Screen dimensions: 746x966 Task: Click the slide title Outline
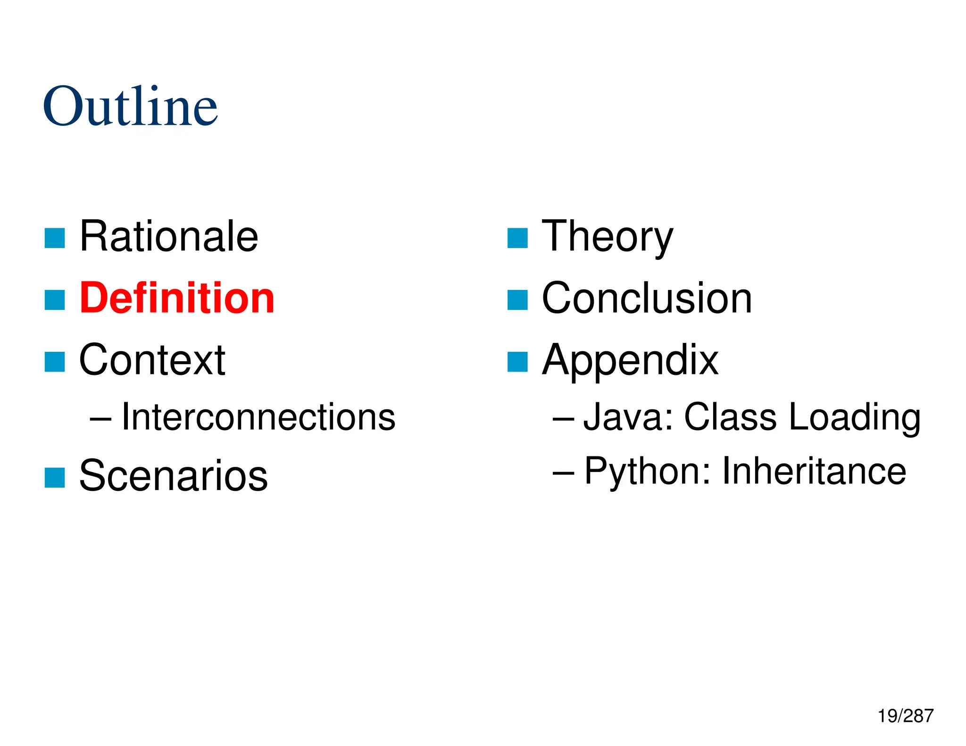(130, 107)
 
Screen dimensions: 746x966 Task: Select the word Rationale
(169, 236)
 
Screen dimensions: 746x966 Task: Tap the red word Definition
(177, 298)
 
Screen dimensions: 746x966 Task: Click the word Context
(152, 360)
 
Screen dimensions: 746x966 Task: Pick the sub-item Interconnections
(258, 417)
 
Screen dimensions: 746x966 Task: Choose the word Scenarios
(173, 476)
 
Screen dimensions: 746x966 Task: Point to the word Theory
(607, 237)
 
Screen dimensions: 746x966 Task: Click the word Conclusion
(647, 298)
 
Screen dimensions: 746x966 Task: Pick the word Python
(647, 472)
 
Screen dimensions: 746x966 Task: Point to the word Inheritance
(814, 471)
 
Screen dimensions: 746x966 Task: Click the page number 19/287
(905, 716)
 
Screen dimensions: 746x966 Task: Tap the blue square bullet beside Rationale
(55, 238)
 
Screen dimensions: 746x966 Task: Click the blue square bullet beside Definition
(55, 300)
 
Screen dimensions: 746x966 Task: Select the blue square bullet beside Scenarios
(55, 478)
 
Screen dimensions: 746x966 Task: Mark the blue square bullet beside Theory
(517, 238)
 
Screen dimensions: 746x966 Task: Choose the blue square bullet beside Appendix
(517, 362)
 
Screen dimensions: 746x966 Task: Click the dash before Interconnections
(100, 418)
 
